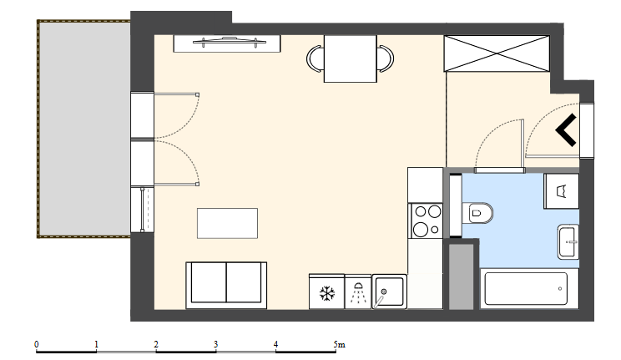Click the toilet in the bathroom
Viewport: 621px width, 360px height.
pos(477,213)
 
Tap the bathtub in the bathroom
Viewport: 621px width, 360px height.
pos(526,289)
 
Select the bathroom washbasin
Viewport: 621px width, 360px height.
pos(568,241)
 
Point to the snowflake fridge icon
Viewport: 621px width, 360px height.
pos(327,294)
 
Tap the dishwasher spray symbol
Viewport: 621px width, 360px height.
pos(358,292)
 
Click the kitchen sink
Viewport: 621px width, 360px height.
pos(389,292)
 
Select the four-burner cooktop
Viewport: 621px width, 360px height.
pos(427,221)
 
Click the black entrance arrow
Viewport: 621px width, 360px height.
pos(566,129)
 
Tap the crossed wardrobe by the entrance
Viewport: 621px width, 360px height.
pos(497,53)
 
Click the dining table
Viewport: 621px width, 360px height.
pos(350,58)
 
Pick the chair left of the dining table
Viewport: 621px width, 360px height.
pos(316,58)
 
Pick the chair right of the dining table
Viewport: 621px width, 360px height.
pos(386,58)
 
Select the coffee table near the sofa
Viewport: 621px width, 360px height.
pos(227,223)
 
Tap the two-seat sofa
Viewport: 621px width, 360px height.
pos(226,285)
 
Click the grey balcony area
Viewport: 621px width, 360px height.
pos(84,129)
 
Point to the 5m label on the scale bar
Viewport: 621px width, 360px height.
pos(340,344)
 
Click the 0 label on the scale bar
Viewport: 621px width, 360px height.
pos(37,344)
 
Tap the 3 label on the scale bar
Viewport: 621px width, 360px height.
pos(216,344)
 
